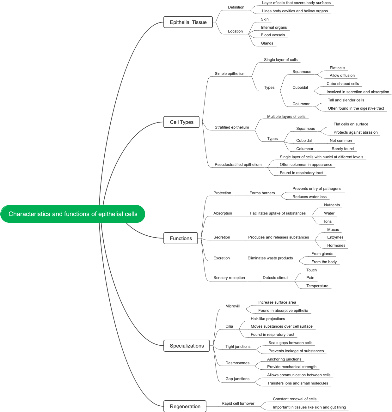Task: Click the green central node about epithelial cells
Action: pyautogui.click(x=73, y=214)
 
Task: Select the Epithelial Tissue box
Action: pyautogui.click(x=188, y=22)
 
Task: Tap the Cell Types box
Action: pyautogui.click(x=181, y=122)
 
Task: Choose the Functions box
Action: pyautogui.click(x=181, y=238)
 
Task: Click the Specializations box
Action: pyautogui.click(x=187, y=346)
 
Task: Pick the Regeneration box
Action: pyautogui.click(x=185, y=406)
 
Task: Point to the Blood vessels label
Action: pyautogui.click(x=273, y=35)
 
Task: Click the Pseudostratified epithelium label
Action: pyautogui.click(x=238, y=165)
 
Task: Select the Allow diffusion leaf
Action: pyautogui.click(x=342, y=76)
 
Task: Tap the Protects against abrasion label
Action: pyautogui.click(x=355, y=132)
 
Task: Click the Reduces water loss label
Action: pyautogui.click(x=309, y=197)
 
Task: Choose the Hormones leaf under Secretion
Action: pyautogui.click(x=336, y=245)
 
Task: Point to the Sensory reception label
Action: pyautogui.click(x=229, y=278)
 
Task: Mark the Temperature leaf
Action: pyautogui.click(x=317, y=286)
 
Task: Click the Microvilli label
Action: pyautogui.click(x=233, y=306)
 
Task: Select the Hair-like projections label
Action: pyautogui.click(x=268, y=319)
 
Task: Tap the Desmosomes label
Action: pyautogui.click(x=237, y=363)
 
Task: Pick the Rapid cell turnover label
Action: pyautogui.click(x=238, y=403)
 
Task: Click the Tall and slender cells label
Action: pyautogui.click(x=346, y=100)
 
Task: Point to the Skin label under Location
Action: pyautogui.click(x=265, y=19)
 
